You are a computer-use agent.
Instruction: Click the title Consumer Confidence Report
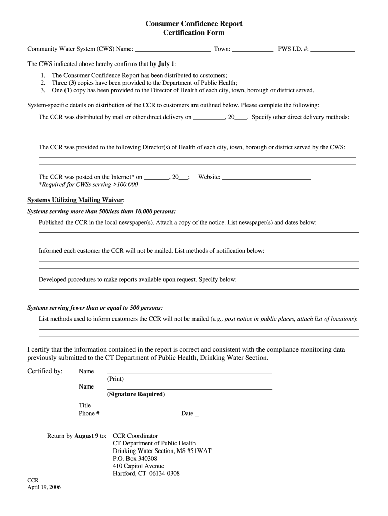click(x=194, y=24)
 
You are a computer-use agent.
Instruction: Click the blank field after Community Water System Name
click(x=173, y=50)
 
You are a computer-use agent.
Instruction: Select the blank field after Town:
click(x=253, y=50)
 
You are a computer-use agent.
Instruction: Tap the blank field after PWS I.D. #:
click(x=333, y=50)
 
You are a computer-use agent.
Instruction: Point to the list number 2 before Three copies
click(x=43, y=82)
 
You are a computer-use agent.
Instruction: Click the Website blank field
click(x=266, y=177)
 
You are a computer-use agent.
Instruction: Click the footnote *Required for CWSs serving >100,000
click(x=88, y=185)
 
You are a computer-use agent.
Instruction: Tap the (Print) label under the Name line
click(x=115, y=379)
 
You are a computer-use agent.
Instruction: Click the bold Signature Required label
click(x=136, y=394)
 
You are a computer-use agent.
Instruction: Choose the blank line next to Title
click(x=189, y=406)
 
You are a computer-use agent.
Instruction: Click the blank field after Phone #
click(x=142, y=414)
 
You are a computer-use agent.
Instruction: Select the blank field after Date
click(x=233, y=414)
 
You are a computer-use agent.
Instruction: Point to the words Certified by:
click(x=45, y=371)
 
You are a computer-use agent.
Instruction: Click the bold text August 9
click(x=86, y=436)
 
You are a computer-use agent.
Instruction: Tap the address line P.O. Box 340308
click(x=135, y=459)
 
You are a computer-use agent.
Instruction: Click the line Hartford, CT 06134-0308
click(x=146, y=474)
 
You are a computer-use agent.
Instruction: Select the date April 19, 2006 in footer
click(x=44, y=488)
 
